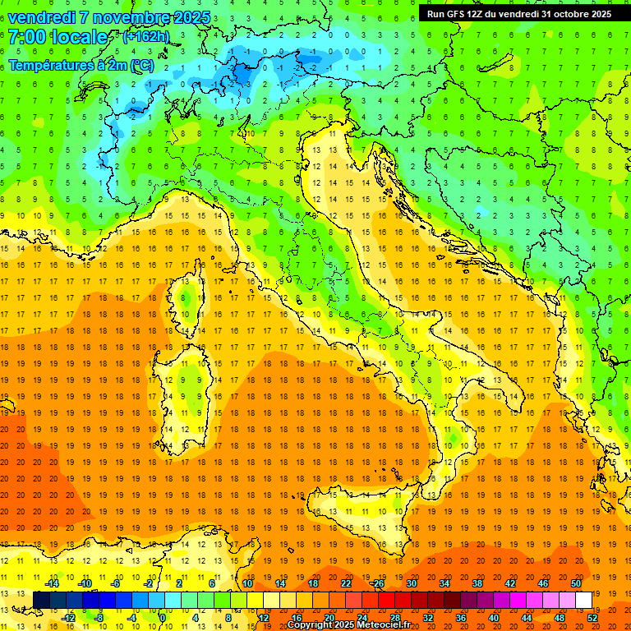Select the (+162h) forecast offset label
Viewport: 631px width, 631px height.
point(145,37)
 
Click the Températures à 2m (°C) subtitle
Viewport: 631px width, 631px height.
point(81,64)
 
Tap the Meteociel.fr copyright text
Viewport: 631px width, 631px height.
point(353,625)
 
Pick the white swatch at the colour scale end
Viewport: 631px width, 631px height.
point(583,600)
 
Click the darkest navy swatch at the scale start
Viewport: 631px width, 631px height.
point(41,600)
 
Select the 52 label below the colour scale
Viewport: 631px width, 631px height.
point(593,617)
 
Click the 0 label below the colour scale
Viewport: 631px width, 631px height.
point(164,617)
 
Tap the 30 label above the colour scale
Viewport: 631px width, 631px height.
point(412,583)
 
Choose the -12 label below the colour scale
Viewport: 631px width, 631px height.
point(68,617)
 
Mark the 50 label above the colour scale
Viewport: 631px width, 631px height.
point(575,583)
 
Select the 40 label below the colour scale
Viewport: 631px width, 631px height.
point(494,617)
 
